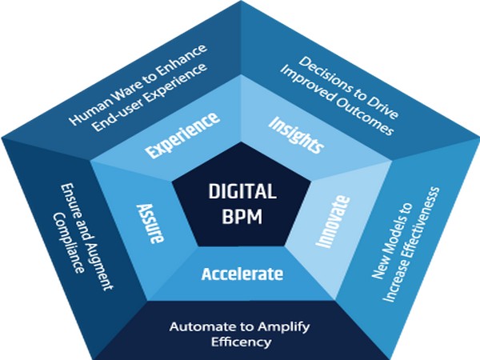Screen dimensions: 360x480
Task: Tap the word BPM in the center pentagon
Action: pos(242,216)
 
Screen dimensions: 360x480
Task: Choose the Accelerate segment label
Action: pos(242,274)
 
